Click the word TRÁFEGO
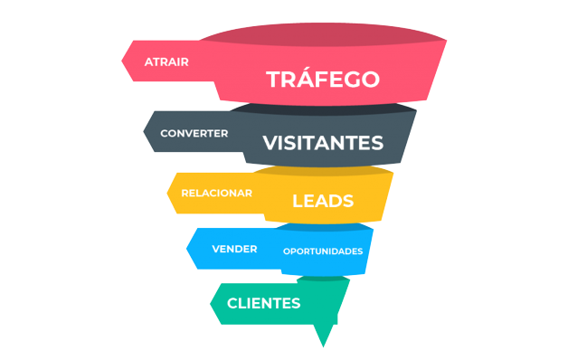click(x=322, y=80)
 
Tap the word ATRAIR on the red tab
click(x=166, y=62)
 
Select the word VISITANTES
click(x=322, y=143)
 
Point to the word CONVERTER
click(x=194, y=133)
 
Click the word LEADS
click(x=322, y=201)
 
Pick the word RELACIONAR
click(x=216, y=193)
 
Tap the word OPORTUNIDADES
click(x=322, y=251)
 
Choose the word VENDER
click(x=234, y=249)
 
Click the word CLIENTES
click(x=263, y=303)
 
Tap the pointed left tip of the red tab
click(x=123, y=62)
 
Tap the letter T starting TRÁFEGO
click(x=273, y=80)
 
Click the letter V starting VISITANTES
click(x=269, y=143)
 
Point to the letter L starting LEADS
click(x=297, y=201)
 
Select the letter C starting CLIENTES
click(x=232, y=303)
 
